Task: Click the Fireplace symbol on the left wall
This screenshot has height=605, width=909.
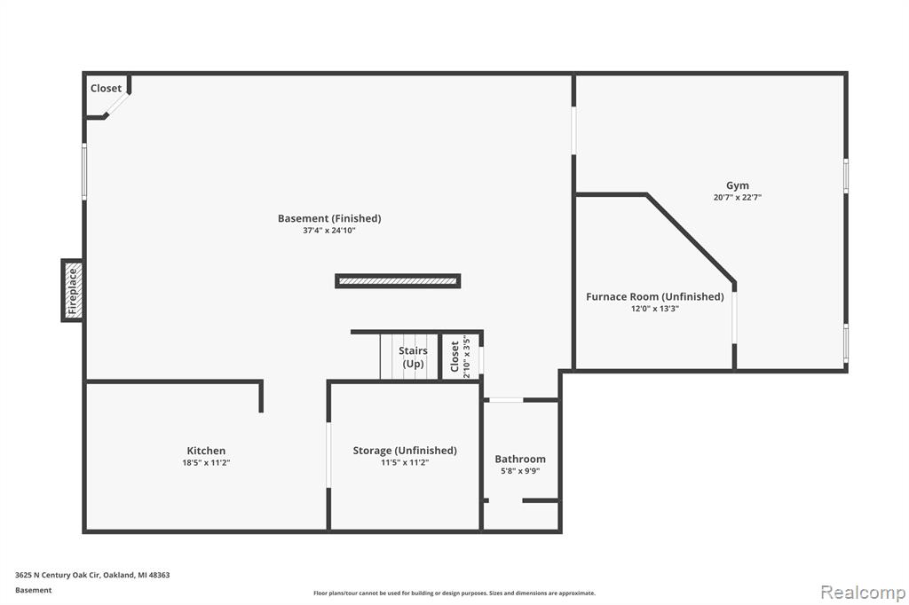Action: [x=73, y=290]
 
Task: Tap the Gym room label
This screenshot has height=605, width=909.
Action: [x=738, y=185]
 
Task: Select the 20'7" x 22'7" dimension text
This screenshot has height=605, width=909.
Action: [x=738, y=197]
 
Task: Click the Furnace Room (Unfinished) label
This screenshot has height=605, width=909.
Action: [x=654, y=296]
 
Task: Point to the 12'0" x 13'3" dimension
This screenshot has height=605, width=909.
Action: [x=654, y=309]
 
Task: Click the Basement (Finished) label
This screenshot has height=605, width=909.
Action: [x=329, y=218]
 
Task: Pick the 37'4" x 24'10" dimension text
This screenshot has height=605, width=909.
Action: [x=329, y=231]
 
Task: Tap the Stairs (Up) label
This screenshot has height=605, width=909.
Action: [x=413, y=357]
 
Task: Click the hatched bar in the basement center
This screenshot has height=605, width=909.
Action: [x=398, y=281]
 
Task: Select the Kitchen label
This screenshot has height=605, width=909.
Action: [x=206, y=451]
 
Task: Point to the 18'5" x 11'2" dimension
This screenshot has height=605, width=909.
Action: [x=206, y=462]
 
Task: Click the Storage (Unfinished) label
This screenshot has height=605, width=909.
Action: [x=405, y=451]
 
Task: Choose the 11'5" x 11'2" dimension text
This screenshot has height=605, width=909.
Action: [x=405, y=462]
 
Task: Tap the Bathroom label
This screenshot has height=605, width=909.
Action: [x=520, y=459]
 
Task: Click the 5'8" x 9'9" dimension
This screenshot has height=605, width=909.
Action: [x=520, y=471]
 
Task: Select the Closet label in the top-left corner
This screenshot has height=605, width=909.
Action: [x=106, y=88]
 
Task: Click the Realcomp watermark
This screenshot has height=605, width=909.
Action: [x=863, y=593]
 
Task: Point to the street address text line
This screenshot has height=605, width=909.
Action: [x=92, y=576]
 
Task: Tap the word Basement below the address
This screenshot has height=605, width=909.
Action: [x=33, y=591]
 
